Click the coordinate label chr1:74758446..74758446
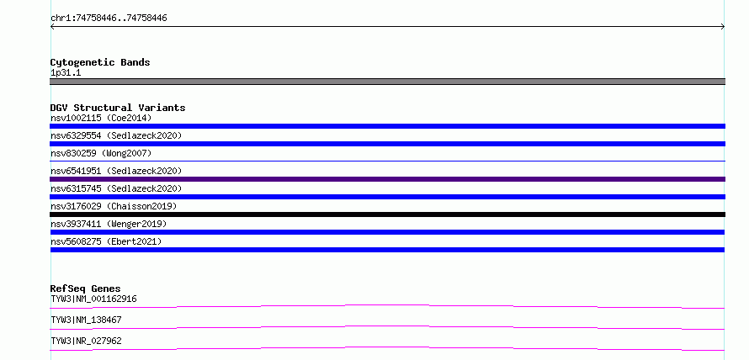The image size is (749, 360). pos(109,19)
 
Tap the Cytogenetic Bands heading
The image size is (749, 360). pos(100,62)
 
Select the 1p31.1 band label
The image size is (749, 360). pos(66,73)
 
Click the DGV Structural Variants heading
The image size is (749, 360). pos(118,108)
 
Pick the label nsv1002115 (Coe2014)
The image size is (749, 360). pos(101,118)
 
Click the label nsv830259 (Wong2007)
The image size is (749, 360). pos(101,153)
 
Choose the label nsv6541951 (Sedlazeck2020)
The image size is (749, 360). pos(116,171)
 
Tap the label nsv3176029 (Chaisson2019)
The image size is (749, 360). pos(114,206)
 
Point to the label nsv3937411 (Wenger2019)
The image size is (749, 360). pos(109,224)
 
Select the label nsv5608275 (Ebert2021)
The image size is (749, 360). pos(106,241)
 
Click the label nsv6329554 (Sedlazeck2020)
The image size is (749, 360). pos(116,135)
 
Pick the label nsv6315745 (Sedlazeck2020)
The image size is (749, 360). pos(116,188)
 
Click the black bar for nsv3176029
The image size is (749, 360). pos(387,214)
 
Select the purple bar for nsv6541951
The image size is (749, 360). pos(387,179)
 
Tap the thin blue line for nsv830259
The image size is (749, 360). pos(387,161)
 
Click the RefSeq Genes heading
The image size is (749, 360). pos(85,289)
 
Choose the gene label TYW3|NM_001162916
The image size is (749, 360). pos(93,299)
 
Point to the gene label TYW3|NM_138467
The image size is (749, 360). pos(86,320)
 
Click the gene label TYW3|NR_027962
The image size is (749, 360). pos(86,341)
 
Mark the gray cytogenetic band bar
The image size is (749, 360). pos(387,82)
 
